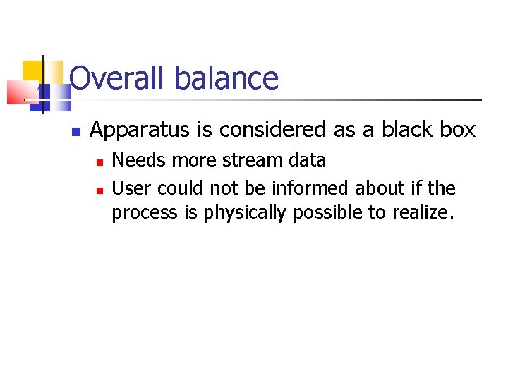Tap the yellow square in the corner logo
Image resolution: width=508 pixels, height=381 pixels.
33,71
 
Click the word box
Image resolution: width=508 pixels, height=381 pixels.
458,130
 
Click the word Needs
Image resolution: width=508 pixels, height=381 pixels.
139,160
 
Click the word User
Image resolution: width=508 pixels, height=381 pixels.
132,188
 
